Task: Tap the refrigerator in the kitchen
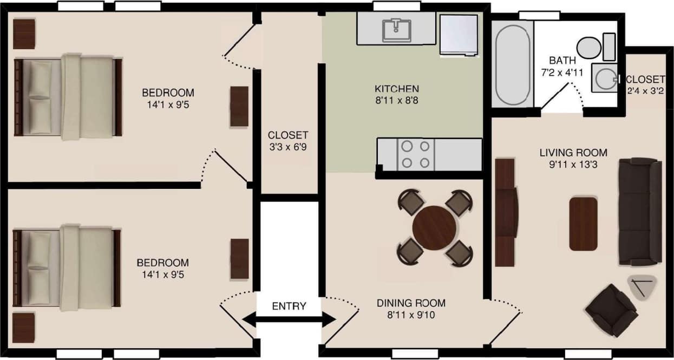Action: (x=459, y=34)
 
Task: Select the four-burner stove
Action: (x=416, y=154)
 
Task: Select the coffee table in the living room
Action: (x=583, y=224)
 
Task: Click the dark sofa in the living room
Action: (x=640, y=212)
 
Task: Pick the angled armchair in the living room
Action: (x=611, y=310)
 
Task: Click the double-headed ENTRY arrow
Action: (x=289, y=319)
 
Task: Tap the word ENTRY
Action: (x=289, y=306)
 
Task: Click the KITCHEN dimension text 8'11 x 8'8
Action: (x=397, y=101)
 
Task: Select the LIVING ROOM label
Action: (x=573, y=153)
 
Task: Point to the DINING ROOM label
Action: (x=411, y=303)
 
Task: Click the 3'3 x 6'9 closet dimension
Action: (x=288, y=147)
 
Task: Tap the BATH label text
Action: (x=559, y=60)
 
